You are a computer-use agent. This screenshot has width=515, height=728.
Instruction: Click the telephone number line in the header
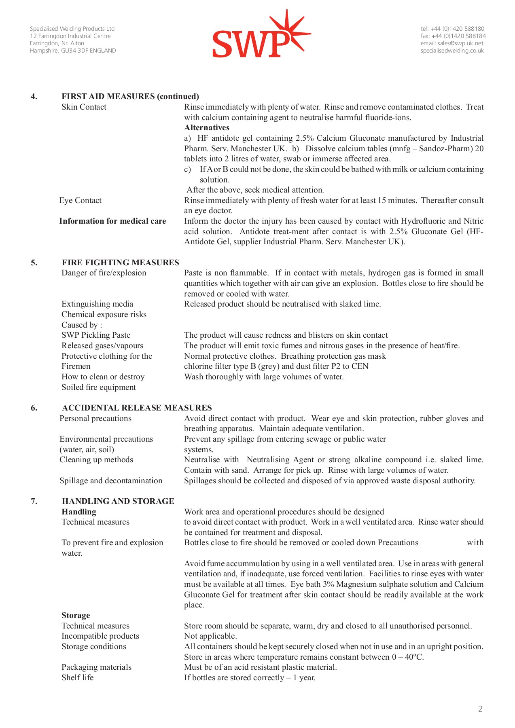(x=452, y=29)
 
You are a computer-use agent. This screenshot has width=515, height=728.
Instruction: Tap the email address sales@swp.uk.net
(x=452, y=43)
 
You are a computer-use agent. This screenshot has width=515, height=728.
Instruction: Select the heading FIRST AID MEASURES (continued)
(x=130, y=96)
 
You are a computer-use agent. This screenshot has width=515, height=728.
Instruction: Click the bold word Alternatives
(x=207, y=128)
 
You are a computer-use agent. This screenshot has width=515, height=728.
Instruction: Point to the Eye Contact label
(x=80, y=201)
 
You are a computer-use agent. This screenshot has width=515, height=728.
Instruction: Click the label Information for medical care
(x=112, y=221)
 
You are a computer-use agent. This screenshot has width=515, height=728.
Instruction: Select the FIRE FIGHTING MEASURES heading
(x=120, y=262)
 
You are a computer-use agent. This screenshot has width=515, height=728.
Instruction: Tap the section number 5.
(x=34, y=262)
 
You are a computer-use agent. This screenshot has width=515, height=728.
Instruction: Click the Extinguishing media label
(x=97, y=304)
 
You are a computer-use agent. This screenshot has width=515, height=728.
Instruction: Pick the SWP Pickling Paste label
(x=96, y=335)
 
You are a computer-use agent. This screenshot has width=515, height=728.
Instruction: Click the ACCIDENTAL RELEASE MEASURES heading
(x=137, y=408)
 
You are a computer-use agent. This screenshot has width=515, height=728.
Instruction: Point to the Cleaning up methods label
(x=96, y=460)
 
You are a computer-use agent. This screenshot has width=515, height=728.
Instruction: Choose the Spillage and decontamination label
(x=111, y=481)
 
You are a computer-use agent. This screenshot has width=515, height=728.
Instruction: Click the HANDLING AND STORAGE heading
(x=118, y=501)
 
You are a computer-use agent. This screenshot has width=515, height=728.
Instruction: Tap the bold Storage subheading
(x=76, y=616)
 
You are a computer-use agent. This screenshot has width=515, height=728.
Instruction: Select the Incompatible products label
(x=100, y=636)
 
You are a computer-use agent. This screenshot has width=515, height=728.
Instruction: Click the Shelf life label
(x=77, y=678)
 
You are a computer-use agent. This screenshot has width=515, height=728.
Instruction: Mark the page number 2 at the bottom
(x=480, y=709)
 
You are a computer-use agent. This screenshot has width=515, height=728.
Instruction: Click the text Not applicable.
(x=210, y=636)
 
